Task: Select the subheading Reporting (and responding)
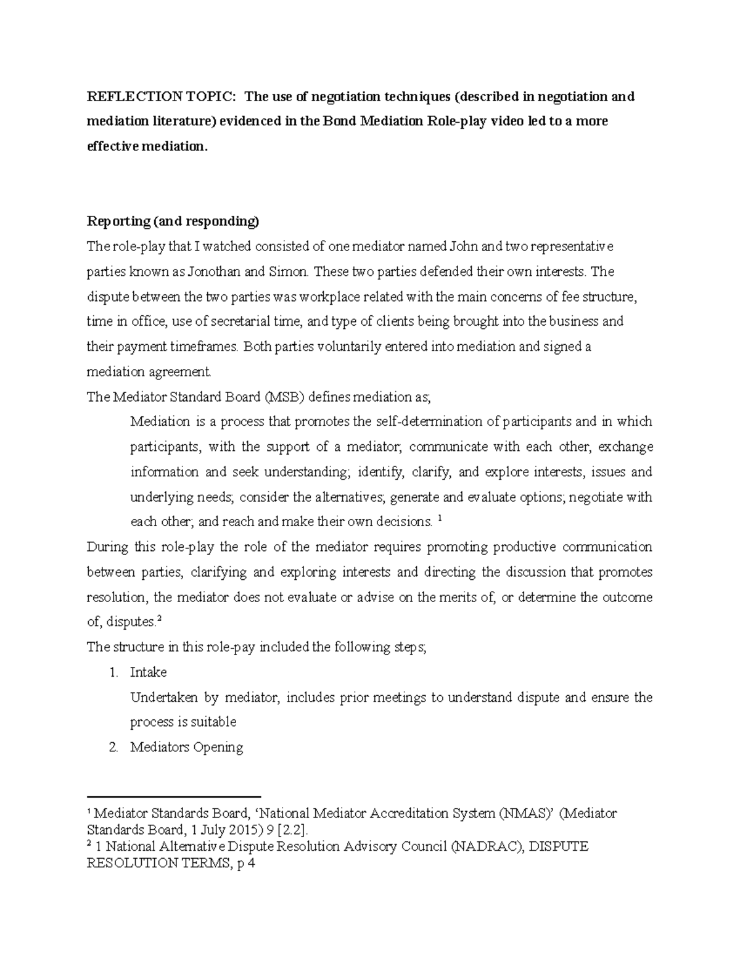(173, 221)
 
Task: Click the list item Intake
(148, 672)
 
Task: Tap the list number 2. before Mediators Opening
(113, 748)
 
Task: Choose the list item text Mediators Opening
(186, 748)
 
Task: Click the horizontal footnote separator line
(175, 796)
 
